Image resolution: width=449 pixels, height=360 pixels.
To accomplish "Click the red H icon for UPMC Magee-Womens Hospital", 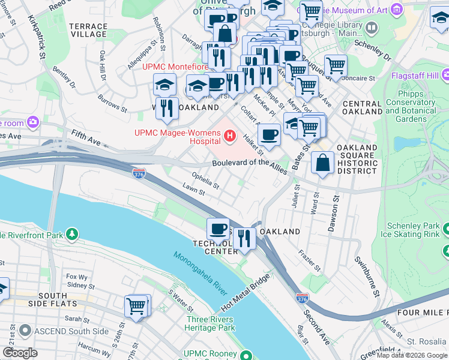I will pos(229,138).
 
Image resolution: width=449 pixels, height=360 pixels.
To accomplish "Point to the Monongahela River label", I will pos(201,273).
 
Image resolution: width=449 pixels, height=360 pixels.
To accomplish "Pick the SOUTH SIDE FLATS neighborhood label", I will pos(52,300).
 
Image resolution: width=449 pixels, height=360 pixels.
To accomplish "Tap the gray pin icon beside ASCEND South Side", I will pos(25,331).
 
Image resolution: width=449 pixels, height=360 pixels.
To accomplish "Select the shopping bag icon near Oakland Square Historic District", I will pos(323,163).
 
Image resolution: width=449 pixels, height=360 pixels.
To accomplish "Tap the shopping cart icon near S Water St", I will pos(136,306).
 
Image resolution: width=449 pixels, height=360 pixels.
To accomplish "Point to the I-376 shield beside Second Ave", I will pos(303,298).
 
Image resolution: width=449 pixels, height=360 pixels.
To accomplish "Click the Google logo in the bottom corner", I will pos(20,353).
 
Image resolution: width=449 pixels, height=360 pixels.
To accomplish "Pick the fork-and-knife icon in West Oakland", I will pos(167,109).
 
